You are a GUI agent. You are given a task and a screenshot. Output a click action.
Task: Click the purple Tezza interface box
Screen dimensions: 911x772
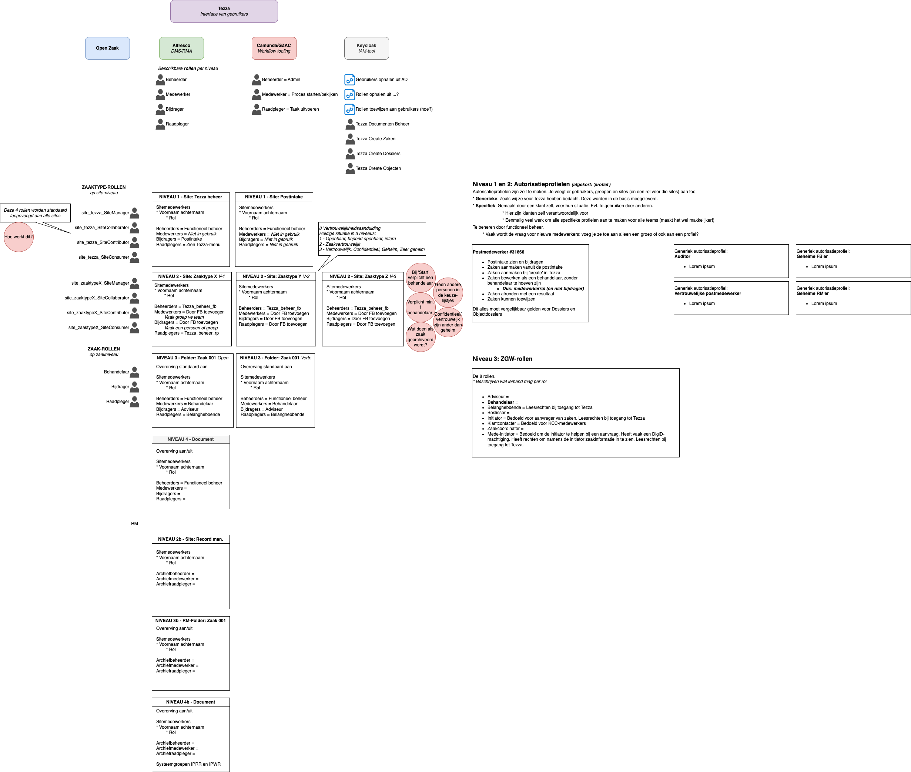pos(224,11)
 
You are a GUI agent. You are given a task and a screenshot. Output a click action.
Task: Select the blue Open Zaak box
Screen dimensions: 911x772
pos(107,48)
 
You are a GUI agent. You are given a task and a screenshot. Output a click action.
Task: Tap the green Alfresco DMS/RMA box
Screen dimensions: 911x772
pos(181,48)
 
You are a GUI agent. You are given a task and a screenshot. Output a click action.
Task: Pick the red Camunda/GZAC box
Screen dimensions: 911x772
pos(274,48)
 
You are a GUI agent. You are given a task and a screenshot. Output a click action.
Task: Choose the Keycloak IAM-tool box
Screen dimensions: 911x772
pos(366,48)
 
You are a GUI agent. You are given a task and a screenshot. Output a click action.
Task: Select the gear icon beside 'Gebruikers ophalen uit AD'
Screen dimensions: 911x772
pos(349,80)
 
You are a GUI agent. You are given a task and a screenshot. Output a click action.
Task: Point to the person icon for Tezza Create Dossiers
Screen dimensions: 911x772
pos(350,154)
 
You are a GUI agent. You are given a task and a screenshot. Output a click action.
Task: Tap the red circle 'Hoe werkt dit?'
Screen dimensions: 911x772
pos(19,237)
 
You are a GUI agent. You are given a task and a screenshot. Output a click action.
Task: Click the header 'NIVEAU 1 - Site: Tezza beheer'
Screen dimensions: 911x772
pos(190,197)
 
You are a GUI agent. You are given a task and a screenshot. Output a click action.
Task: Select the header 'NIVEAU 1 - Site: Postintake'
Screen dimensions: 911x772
pos(274,197)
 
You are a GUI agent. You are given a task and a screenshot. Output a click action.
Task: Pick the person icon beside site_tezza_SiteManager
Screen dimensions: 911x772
pos(135,213)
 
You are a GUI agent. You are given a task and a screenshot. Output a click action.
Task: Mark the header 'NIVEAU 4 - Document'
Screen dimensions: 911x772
pos(190,439)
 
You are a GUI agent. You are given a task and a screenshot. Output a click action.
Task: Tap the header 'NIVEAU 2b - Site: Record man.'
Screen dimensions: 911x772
pos(190,539)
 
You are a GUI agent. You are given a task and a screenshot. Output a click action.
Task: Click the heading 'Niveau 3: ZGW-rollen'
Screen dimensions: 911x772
pos(502,359)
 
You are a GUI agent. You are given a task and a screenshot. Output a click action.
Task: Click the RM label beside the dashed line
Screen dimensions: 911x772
pos(134,523)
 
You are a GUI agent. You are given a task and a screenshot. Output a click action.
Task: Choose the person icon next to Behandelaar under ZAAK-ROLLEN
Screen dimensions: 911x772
pos(135,372)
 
